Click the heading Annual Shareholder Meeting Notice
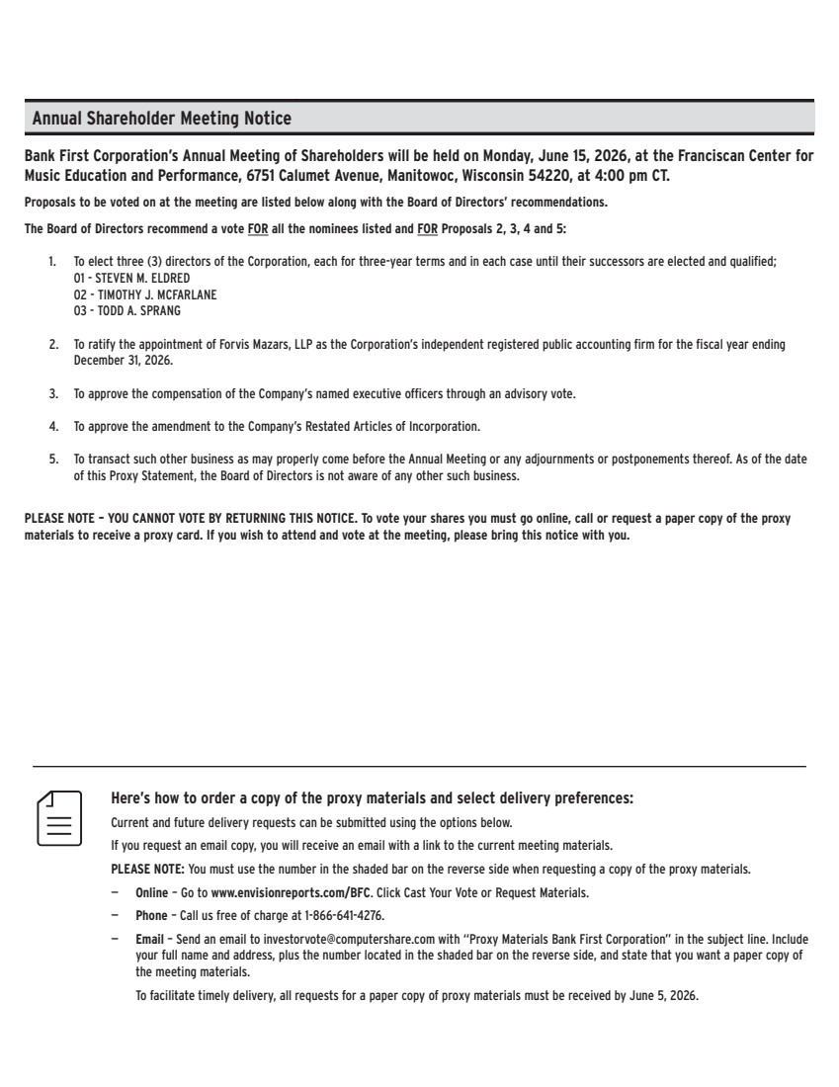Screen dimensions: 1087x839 [162, 119]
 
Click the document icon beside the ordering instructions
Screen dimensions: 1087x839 [58, 817]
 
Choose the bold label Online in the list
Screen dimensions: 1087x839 [151, 893]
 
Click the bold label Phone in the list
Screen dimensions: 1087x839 [151, 915]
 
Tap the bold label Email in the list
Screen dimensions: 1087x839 [149, 938]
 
